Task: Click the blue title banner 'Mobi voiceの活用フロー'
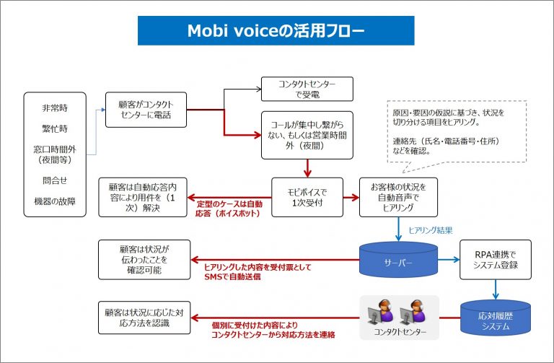point(276,30)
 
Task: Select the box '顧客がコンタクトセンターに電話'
point(146,110)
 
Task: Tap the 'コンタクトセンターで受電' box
point(307,89)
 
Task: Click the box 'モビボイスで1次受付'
point(307,197)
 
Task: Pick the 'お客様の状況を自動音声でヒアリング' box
point(398,197)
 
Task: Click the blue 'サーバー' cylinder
point(398,259)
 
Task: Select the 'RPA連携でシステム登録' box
point(496,259)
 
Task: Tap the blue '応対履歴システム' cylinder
point(496,318)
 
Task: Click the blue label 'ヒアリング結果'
point(431,230)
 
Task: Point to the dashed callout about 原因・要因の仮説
point(457,131)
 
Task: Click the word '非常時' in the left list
point(55,108)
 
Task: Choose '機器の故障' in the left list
point(55,201)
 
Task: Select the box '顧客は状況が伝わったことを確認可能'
point(144,259)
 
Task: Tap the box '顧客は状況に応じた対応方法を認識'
point(144,318)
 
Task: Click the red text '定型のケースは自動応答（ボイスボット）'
point(229,209)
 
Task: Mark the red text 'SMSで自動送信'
point(232,276)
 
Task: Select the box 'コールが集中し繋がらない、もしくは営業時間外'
point(307,135)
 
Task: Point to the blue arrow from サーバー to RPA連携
point(449,260)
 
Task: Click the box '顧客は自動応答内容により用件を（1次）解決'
point(142,197)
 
